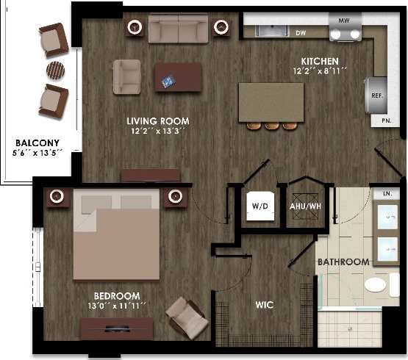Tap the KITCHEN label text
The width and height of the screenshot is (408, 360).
coord(320,60)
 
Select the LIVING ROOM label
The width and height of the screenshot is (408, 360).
coord(158,121)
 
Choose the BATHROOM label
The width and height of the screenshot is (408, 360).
coord(343,262)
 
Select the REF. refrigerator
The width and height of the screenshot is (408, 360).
coord(376,94)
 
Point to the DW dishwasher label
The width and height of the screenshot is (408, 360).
coord(301,33)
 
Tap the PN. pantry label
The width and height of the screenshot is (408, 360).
coord(386,120)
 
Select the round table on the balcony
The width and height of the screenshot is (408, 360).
coord(56,70)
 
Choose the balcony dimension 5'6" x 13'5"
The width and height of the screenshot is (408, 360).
coord(38,154)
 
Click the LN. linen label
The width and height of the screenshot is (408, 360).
coord(387,195)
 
